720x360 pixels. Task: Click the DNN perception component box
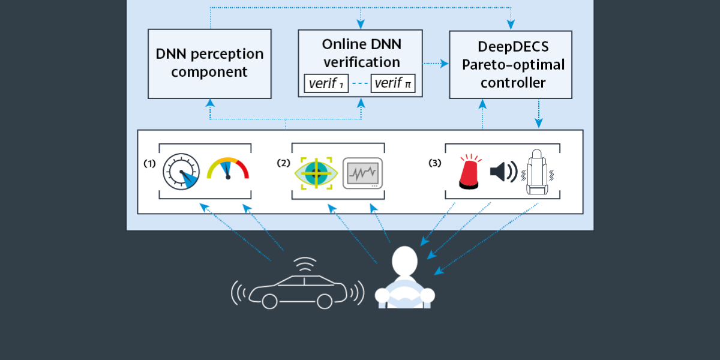click(x=209, y=64)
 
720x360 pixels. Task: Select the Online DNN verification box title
click(x=361, y=53)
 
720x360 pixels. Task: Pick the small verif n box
click(x=393, y=83)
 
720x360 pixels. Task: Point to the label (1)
click(x=149, y=163)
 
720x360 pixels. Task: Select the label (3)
click(x=436, y=163)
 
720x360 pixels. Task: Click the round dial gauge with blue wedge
click(x=181, y=172)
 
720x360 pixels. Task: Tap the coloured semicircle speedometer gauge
click(x=227, y=169)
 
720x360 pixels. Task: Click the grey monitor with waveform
click(x=362, y=173)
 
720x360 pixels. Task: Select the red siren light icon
click(x=469, y=173)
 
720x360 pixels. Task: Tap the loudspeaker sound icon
click(x=503, y=172)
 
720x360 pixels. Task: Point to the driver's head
click(x=404, y=262)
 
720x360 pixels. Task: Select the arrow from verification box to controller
click(x=436, y=63)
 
